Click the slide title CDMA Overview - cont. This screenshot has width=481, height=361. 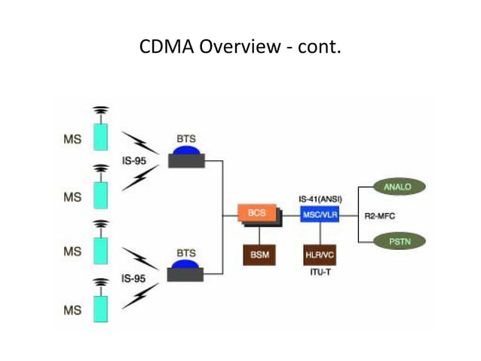point(240,48)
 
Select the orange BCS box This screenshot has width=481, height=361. point(257,214)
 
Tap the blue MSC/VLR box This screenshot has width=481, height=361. point(319,214)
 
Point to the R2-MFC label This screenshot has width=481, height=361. point(379,216)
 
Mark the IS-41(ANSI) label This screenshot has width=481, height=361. point(320,198)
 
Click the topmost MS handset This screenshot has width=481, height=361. point(100,135)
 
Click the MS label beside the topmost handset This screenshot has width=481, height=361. point(72,139)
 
